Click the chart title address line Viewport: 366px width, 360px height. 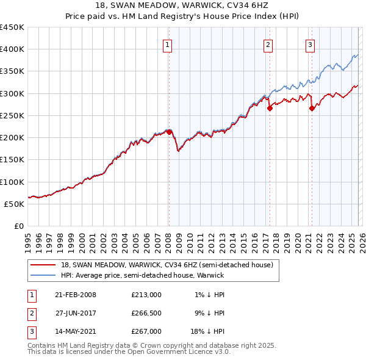tap(183, 5)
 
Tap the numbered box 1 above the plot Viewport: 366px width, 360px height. tap(167, 44)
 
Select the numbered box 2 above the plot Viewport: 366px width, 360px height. tap(268, 44)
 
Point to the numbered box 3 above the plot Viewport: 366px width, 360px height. tap(310, 44)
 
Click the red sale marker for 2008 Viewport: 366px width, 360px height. tap(169, 131)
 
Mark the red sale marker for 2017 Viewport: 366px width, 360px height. tap(270, 108)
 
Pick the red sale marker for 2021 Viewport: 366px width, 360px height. tap(312, 108)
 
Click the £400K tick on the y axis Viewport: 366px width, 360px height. tap(12, 49)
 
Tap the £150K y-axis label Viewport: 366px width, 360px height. tap(12, 159)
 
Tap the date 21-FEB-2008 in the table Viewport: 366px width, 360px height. tap(75, 295)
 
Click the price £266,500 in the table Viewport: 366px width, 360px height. tap(146, 313)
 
